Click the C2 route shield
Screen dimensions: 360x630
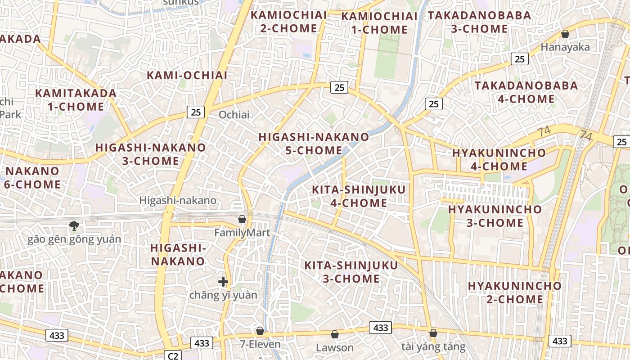click(x=173, y=356)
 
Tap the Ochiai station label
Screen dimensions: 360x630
click(x=234, y=115)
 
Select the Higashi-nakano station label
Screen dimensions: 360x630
click(x=178, y=200)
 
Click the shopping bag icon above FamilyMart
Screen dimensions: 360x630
click(x=242, y=219)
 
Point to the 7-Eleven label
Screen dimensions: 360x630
click(x=260, y=345)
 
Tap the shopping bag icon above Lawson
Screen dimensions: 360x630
click(x=334, y=334)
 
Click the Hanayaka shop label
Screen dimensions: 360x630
click(x=565, y=47)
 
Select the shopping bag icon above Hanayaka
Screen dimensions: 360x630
click(x=565, y=34)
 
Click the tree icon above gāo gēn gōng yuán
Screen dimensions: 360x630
click(x=74, y=226)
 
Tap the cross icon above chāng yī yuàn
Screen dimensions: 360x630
click(x=223, y=282)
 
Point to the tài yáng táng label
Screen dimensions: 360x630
click(x=433, y=346)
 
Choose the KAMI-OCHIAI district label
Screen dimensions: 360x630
click(x=187, y=76)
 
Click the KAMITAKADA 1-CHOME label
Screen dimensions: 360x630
click(x=76, y=100)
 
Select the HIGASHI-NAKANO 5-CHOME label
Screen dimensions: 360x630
click(x=314, y=144)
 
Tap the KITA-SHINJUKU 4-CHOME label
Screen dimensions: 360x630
click(x=359, y=196)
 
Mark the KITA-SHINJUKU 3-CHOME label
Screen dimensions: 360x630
click(x=351, y=272)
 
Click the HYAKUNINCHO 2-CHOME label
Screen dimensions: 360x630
click(x=514, y=292)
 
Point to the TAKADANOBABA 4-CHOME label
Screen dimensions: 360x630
click(x=526, y=92)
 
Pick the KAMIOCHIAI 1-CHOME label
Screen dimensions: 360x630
click(x=379, y=23)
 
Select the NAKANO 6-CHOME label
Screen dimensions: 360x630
click(x=32, y=178)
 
